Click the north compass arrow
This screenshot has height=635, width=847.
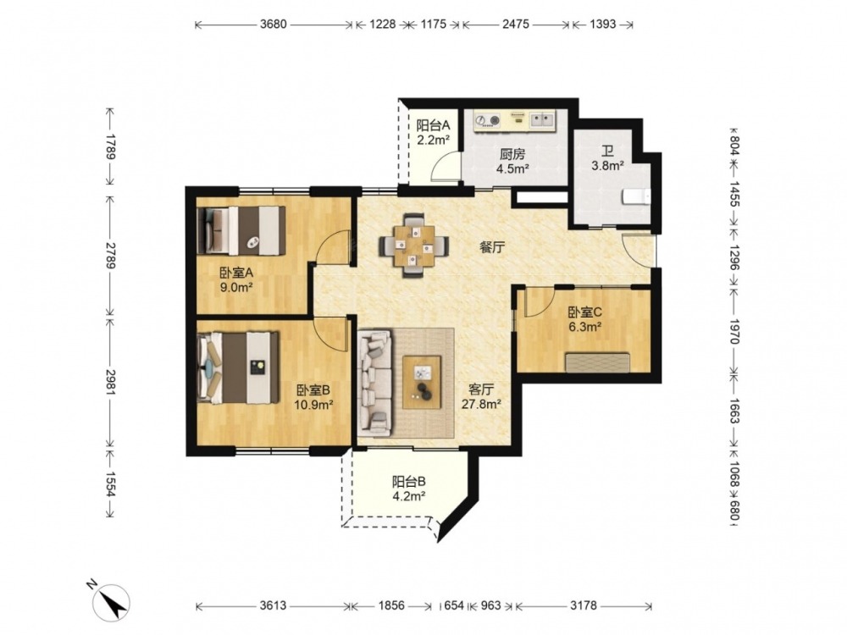click(111, 601)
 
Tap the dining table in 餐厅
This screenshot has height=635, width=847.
click(414, 246)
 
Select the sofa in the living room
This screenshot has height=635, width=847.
click(374, 384)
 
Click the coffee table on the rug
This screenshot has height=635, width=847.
click(422, 383)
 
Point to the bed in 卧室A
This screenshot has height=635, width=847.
click(241, 230)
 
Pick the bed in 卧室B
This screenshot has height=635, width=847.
click(238, 367)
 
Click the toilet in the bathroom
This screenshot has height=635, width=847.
click(637, 196)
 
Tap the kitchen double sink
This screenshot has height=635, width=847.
click(541, 119)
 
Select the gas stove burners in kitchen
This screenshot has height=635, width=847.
click(487, 120)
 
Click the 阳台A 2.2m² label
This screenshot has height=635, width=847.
click(433, 133)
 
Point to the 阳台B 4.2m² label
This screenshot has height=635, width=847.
click(409, 489)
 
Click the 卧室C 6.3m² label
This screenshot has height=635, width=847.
click(584, 319)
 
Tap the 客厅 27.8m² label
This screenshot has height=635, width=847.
click(481, 395)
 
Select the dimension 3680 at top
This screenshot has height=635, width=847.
click(274, 25)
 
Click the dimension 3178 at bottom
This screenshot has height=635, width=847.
click(584, 606)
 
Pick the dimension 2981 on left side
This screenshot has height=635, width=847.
click(110, 383)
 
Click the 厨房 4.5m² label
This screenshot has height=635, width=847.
click(512, 161)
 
